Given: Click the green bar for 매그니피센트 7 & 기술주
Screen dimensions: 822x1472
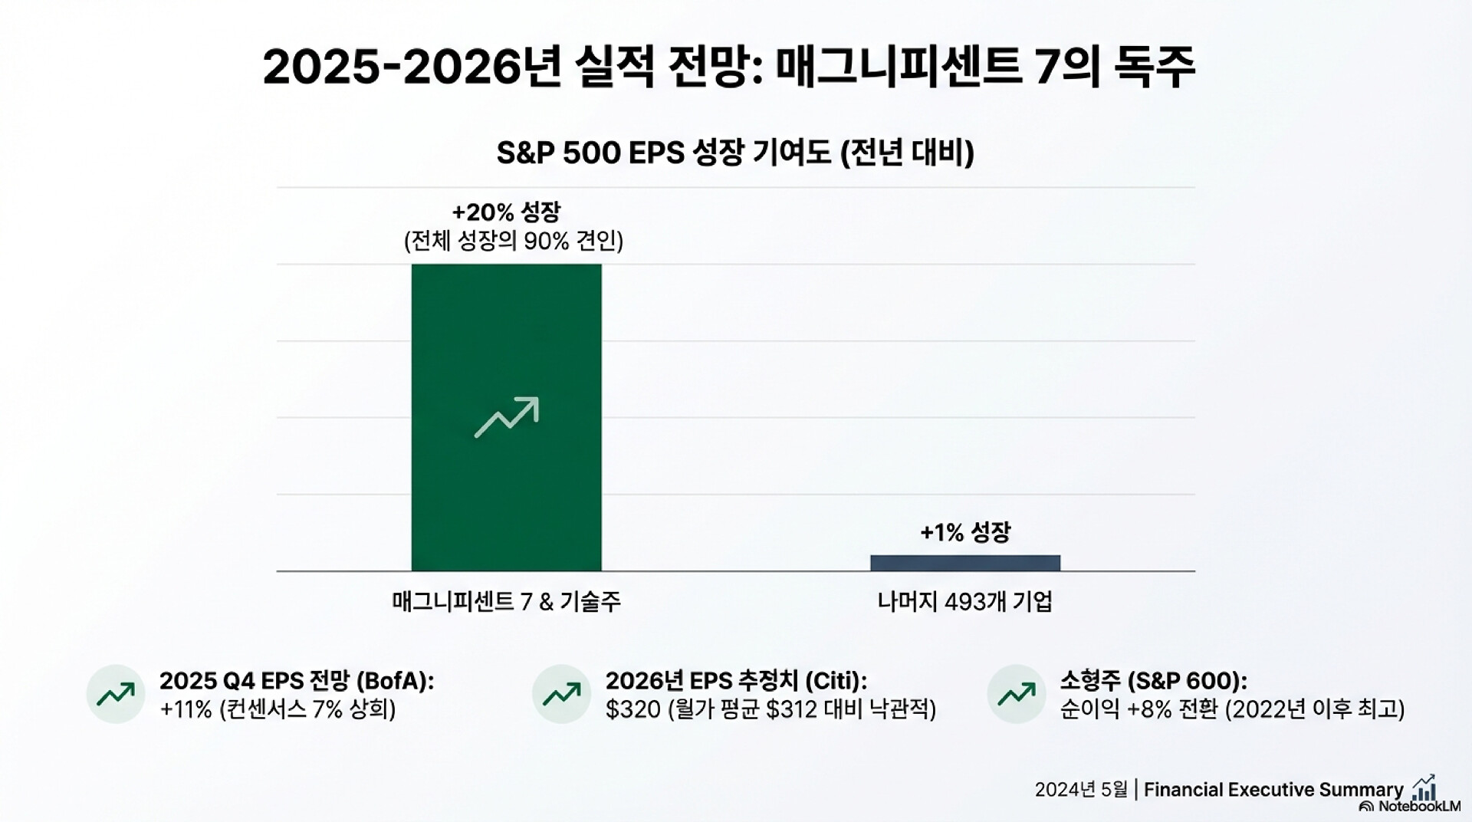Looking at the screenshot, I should pos(506,345).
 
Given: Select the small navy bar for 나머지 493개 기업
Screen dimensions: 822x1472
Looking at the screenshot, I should pos(964,563).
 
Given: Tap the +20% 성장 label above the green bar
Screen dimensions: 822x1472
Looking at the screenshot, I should pos(506,212).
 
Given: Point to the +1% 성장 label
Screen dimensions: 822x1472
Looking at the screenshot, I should pos(965,532).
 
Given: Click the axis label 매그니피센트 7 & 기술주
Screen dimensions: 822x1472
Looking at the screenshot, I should pos(506,602).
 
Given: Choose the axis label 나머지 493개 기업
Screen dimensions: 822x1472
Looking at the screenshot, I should pos(964,602).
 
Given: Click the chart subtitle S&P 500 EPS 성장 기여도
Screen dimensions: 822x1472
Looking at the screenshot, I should pos(735,153).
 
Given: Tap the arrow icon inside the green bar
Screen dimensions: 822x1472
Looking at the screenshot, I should pos(506,417).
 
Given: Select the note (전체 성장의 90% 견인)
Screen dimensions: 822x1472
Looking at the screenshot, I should pos(513,242).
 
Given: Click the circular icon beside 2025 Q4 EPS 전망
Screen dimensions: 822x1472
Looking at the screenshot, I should pos(116,694).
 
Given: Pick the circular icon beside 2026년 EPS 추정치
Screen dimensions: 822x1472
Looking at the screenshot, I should pos(561,694).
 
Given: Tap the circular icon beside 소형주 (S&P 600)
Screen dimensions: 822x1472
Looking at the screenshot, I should pos(1017,694).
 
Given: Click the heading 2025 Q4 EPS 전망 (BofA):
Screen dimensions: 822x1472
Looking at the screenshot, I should pos(296,681).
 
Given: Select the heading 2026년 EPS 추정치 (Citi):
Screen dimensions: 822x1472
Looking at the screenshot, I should pos(736,681).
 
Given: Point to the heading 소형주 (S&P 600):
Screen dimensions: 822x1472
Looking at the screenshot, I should pos(1153,681).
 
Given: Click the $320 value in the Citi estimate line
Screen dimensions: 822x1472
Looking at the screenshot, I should pos(632,709).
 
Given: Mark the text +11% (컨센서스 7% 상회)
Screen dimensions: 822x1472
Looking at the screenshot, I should pos(278,709).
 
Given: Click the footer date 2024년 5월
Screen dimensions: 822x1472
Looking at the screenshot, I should pos(1081,790).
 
